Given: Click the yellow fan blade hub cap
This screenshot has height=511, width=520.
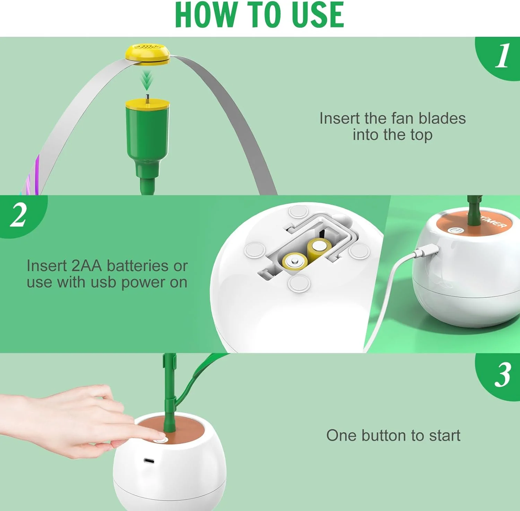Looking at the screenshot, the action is pyautogui.click(x=147, y=54).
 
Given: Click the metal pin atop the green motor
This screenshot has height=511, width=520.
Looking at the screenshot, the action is pyautogui.click(x=147, y=98).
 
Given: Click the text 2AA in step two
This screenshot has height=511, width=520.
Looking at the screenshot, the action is pyautogui.click(x=87, y=266).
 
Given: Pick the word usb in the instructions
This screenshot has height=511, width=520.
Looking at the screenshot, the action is pyautogui.click(x=103, y=282).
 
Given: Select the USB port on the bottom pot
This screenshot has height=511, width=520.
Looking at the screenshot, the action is pyautogui.click(x=149, y=461).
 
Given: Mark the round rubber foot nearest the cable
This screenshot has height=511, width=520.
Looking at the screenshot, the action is pyautogui.click(x=359, y=251).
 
